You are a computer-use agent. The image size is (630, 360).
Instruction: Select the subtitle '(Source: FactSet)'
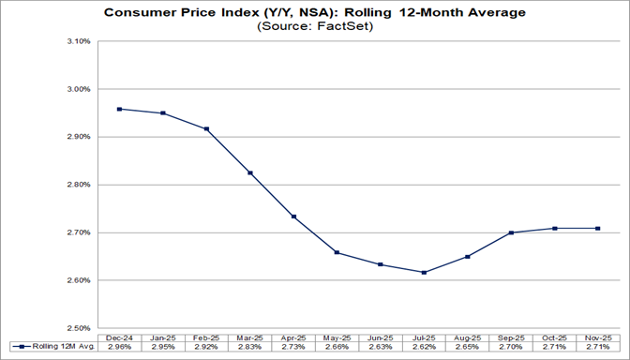tap(314, 27)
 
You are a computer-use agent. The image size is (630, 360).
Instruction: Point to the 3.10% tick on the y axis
tap(77, 42)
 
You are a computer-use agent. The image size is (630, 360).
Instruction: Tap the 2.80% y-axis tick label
tap(77, 185)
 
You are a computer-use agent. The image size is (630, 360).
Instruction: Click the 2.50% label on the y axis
tap(77, 328)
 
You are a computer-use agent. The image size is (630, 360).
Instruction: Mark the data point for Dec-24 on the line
tap(119, 109)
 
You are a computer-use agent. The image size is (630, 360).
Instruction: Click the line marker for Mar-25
tap(249, 172)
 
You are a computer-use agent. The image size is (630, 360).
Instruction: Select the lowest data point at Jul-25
tap(424, 273)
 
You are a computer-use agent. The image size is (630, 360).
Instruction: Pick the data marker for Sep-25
tap(511, 232)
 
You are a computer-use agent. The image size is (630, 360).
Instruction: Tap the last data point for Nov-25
tap(598, 229)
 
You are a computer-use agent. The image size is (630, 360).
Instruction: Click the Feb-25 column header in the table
tap(206, 337)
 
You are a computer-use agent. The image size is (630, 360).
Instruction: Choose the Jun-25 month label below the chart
tap(381, 337)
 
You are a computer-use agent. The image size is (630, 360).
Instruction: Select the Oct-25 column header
tap(555, 337)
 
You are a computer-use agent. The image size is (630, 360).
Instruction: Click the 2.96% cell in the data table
tap(119, 348)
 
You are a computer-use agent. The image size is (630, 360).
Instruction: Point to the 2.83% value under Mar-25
tap(249, 348)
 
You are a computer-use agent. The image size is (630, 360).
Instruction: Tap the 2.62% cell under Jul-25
tap(424, 348)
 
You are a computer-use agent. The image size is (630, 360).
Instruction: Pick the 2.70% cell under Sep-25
tap(511, 348)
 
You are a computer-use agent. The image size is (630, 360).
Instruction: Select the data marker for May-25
tap(337, 252)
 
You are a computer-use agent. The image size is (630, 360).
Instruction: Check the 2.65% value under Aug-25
tap(468, 348)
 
